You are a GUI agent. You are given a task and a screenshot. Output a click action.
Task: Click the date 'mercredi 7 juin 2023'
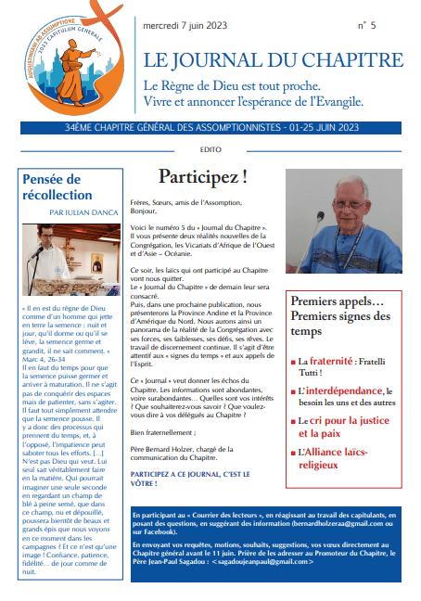(185, 26)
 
